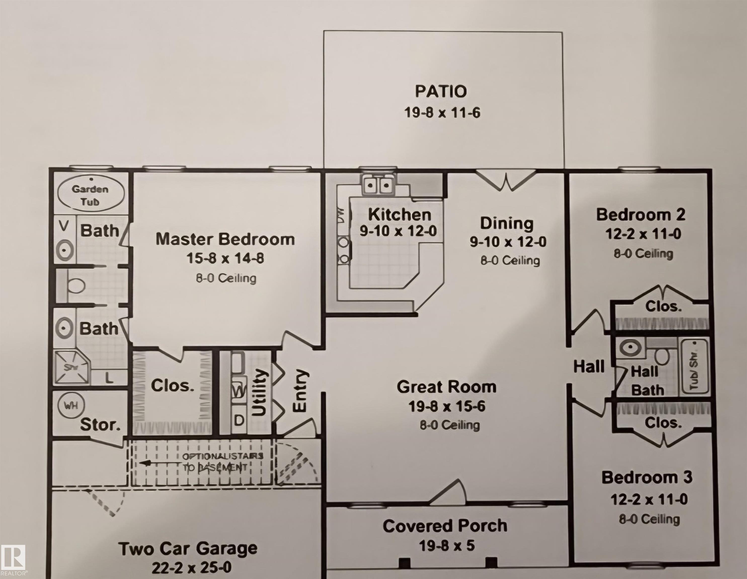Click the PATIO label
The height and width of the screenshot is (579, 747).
tap(441, 91)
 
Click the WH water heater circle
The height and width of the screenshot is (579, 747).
tap(71, 405)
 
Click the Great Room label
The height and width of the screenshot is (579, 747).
tap(446, 387)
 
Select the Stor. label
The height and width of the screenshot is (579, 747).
tap(100, 425)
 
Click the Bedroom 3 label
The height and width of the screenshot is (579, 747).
tap(647, 477)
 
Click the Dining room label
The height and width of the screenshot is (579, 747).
tap(506, 223)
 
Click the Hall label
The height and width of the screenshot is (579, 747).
tap(589, 367)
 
